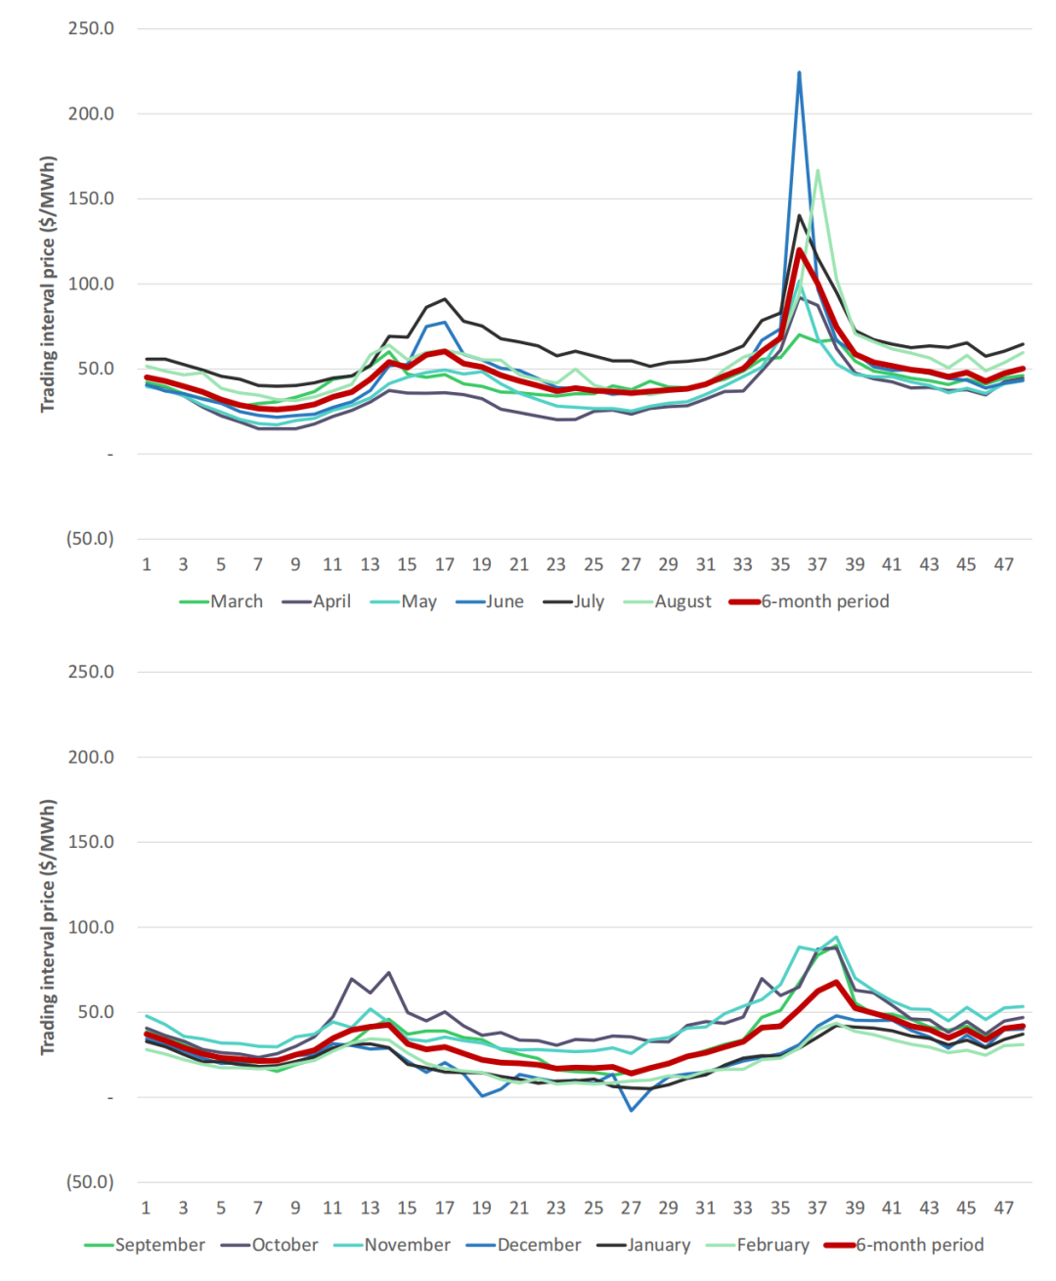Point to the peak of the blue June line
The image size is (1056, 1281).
[x=799, y=73]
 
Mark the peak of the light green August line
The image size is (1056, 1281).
[x=817, y=171]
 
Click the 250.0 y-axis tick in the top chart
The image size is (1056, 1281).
[x=91, y=28]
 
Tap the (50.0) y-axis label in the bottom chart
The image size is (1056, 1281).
[x=90, y=1182]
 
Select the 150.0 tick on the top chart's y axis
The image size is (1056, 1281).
[x=91, y=199]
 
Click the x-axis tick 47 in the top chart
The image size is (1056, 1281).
[x=1003, y=564]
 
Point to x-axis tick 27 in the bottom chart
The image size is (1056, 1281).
[x=631, y=1208]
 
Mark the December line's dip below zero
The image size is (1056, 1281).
[x=632, y=1110]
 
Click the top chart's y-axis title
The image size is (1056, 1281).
[x=48, y=285]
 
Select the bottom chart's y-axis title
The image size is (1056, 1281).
[x=48, y=927]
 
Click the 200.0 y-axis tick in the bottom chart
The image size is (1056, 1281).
[x=91, y=757]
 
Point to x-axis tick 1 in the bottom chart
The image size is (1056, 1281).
[x=146, y=1208]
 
